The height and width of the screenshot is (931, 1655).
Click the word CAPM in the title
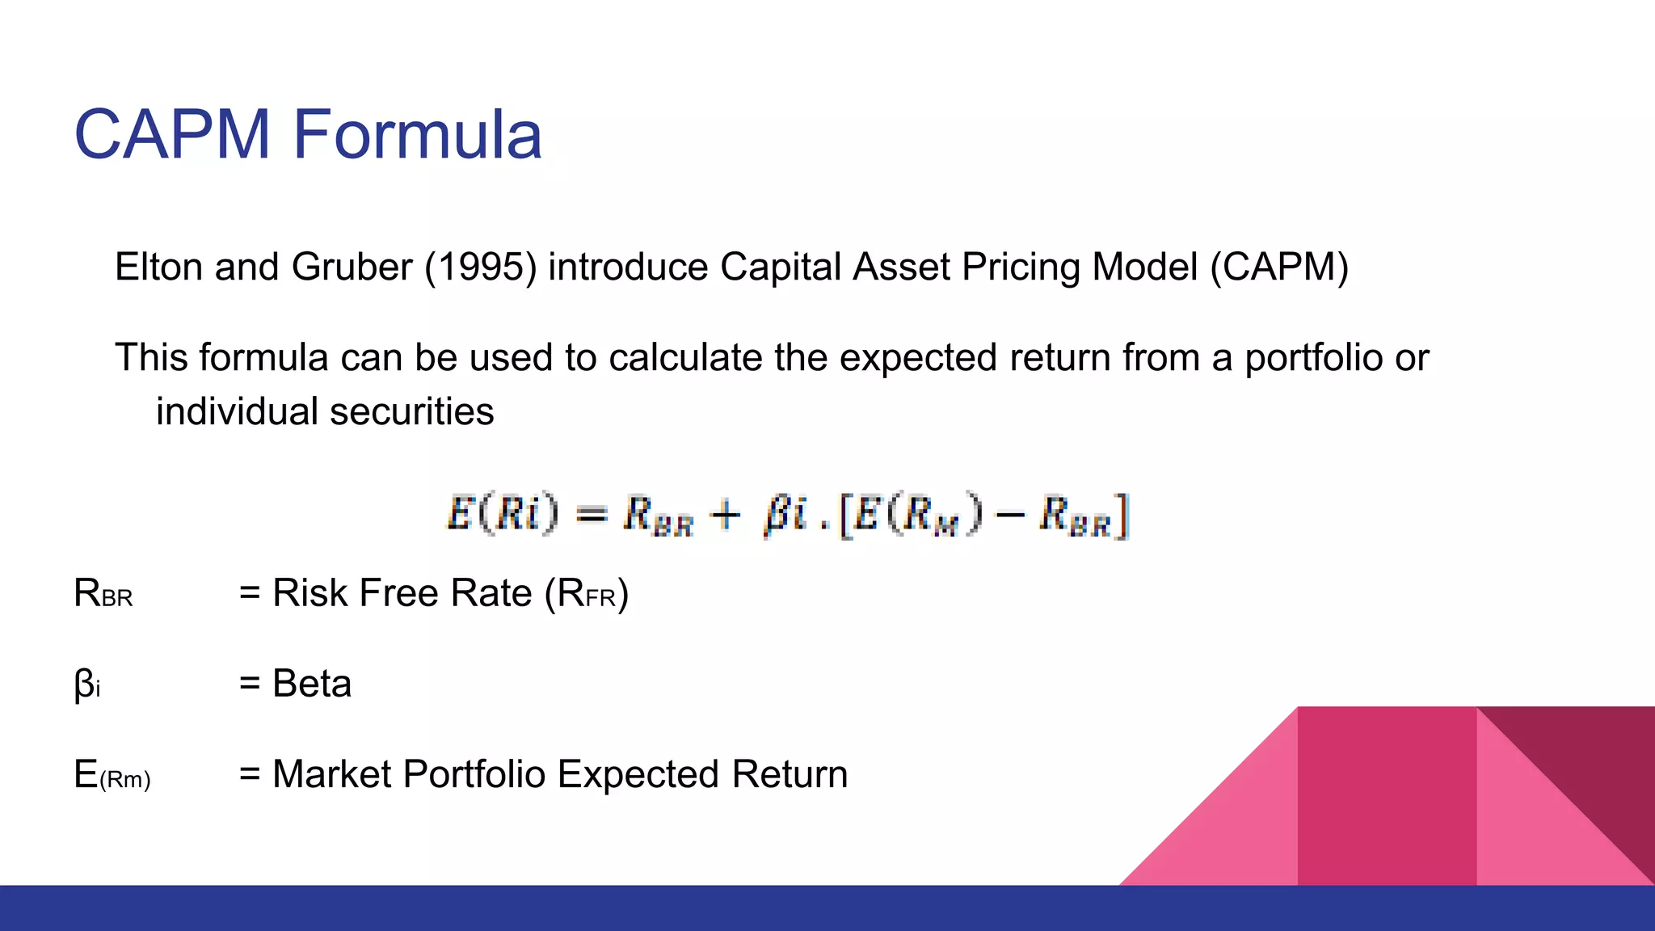click(x=171, y=135)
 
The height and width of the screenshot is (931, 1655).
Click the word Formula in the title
click(x=417, y=135)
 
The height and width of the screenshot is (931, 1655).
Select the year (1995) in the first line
click(x=481, y=268)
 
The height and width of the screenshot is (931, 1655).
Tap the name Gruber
click(x=352, y=268)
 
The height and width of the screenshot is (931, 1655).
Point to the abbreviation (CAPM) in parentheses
click(x=1279, y=268)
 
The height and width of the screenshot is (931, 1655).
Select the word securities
click(x=411, y=412)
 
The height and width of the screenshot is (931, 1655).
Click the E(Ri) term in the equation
click(x=502, y=513)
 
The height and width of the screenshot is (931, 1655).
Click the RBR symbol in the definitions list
click(x=103, y=594)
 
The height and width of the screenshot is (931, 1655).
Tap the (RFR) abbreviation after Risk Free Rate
click(x=587, y=594)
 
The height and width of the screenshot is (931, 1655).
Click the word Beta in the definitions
click(x=312, y=684)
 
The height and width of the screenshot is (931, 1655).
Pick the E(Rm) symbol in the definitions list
click(x=112, y=775)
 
